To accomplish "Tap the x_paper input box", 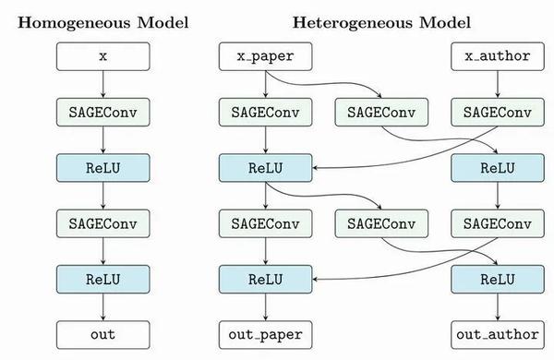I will click(x=265, y=57).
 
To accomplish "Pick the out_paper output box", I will click(x=265, y=333).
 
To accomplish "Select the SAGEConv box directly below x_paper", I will click(x=265, y=113).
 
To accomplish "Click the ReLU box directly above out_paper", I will click(x=265, y=278).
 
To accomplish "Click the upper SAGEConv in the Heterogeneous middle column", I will click(x=379, y=113).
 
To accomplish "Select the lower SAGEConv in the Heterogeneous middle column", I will click(x=379, y=222).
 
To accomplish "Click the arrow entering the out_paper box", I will click(x=265, y=306).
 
